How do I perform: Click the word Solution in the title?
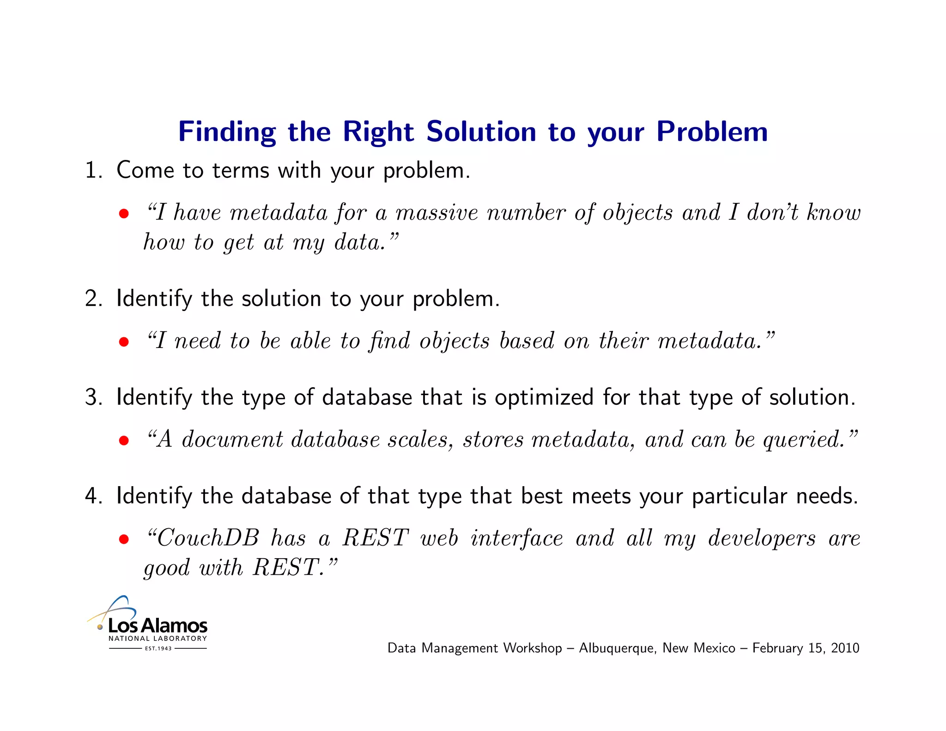481,132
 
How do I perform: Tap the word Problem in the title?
712,132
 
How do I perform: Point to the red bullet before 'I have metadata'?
123,214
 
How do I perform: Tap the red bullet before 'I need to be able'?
123,342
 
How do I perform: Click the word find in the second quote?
389,341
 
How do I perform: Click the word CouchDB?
208,538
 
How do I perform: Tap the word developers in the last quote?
762,538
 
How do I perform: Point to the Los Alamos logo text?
158,626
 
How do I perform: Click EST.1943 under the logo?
158,649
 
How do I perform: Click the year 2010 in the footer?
845,648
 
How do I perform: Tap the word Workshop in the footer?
532,648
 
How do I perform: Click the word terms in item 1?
240,171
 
